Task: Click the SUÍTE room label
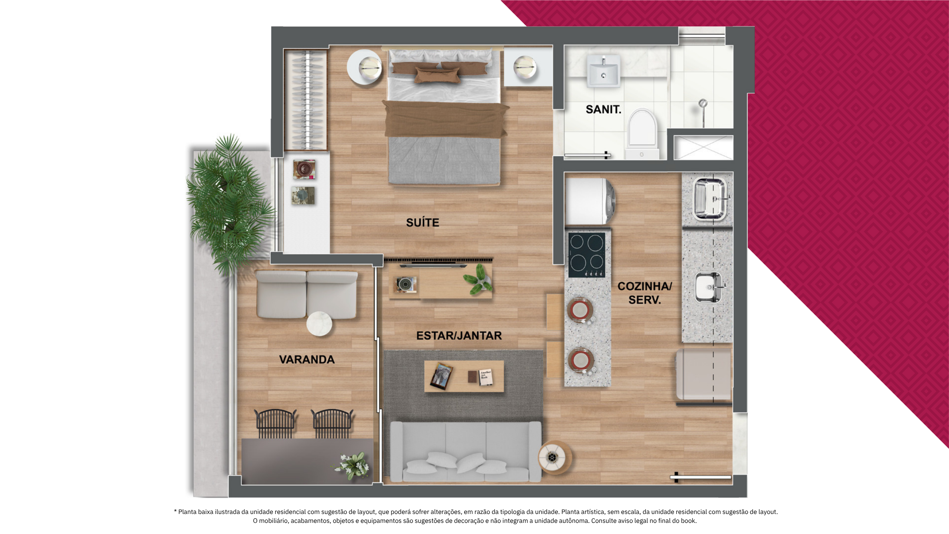tap(423, 222)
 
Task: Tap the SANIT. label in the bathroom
tap(603, 109)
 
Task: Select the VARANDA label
tap(307, 359)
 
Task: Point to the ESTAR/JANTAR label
tap(459, 336)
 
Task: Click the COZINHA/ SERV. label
tap(645, 293)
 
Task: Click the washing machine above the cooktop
tap(589, 201)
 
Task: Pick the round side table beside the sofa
tap(555, 457)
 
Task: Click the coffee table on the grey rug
tap(464, 376)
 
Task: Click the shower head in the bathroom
tap(702, 103)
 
